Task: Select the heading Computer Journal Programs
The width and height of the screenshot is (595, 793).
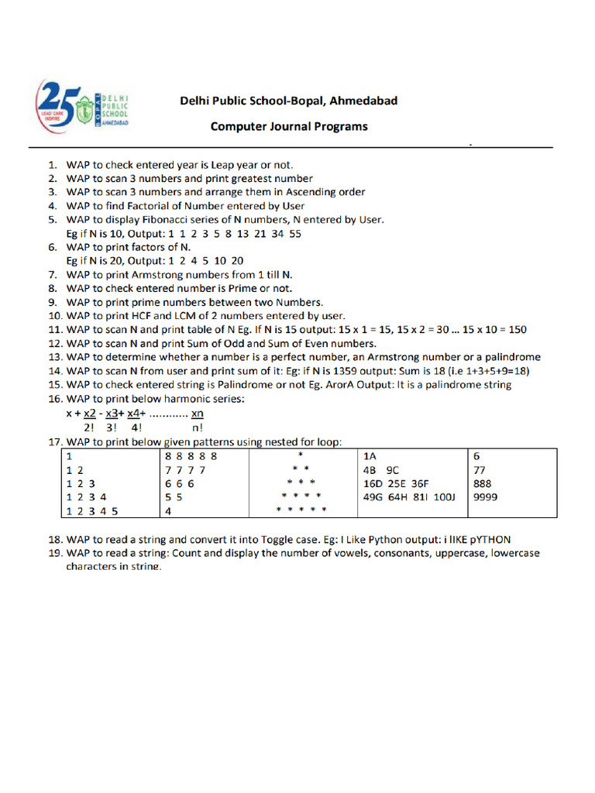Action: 289,126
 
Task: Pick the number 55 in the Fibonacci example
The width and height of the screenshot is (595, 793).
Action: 294,233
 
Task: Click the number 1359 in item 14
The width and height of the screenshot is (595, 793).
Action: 341,371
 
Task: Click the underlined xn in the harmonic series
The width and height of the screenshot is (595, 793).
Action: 197,414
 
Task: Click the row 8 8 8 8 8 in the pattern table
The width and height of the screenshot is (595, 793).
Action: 191,456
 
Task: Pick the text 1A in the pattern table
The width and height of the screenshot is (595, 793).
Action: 370,456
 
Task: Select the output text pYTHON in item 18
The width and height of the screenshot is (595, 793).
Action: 489,540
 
